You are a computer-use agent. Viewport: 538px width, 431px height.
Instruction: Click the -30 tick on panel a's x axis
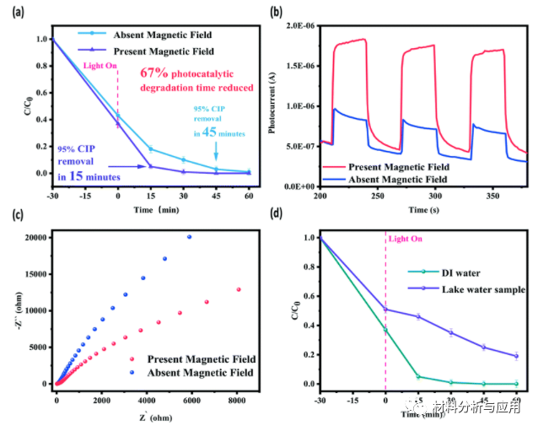click(52, 195)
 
